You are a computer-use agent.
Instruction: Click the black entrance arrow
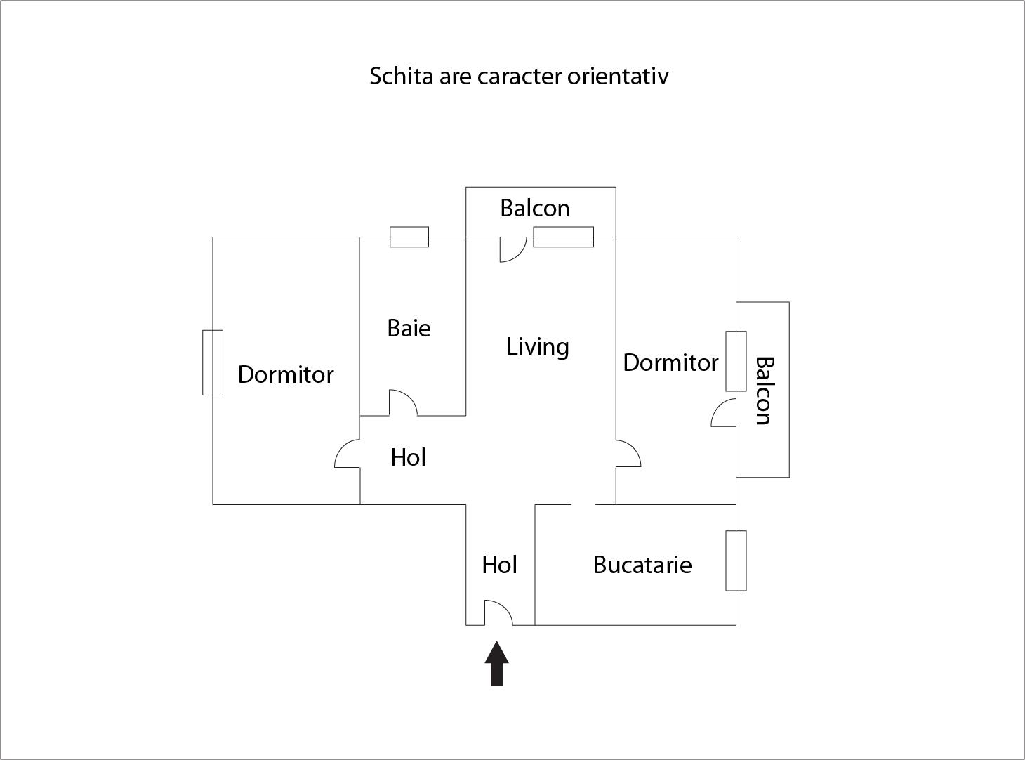click(x=497, y=663)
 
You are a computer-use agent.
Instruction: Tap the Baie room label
click(x=409, y=329)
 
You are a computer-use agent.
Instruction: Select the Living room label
click(x=538, y=347)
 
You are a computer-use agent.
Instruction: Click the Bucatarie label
click(x=642, y=565)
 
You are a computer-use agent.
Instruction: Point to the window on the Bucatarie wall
click(x=736, y=561)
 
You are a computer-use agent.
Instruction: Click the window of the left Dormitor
click(x=213, y=362)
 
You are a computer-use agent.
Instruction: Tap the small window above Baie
click(x=409, y=237)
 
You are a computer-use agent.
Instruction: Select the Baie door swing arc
click(x=404, y=402)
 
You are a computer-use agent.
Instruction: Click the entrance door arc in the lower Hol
click(x=498, y=613)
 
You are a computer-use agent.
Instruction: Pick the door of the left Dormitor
click(x=347, y=453)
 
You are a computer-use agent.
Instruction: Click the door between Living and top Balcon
click(x=513, y=250)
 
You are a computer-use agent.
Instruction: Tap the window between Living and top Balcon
click(x=563, y=237)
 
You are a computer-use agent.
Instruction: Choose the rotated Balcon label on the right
click(x=765, y=391)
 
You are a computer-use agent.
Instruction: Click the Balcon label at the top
click(x=535, y=208)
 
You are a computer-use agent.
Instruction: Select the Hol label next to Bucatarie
click(x=500, y=565)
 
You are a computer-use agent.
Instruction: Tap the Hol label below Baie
click(x=408, y=457)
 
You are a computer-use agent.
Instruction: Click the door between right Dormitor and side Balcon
click(x=724, y=413)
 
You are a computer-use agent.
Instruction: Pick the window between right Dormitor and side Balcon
click(x=736, y=361)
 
